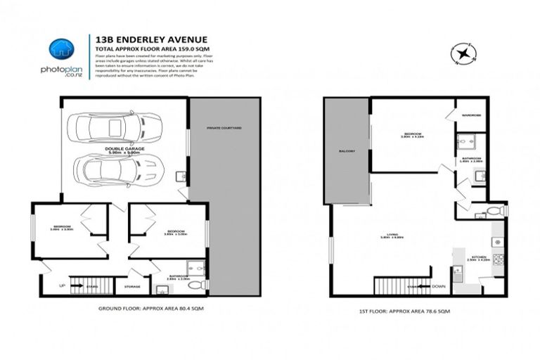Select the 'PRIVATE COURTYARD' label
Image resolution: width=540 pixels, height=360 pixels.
(224, 129)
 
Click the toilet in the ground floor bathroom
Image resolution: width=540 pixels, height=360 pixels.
(200, 283)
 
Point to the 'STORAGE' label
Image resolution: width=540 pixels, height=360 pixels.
(132, 286)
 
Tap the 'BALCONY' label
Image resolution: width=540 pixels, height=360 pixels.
(345, 150)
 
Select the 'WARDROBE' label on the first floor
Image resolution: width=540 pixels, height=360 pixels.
(471, 115)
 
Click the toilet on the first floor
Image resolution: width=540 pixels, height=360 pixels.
(491, 211)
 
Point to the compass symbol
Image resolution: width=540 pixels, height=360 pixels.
(462, 53)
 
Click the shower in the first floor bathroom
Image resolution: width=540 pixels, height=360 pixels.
(466, 143)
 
